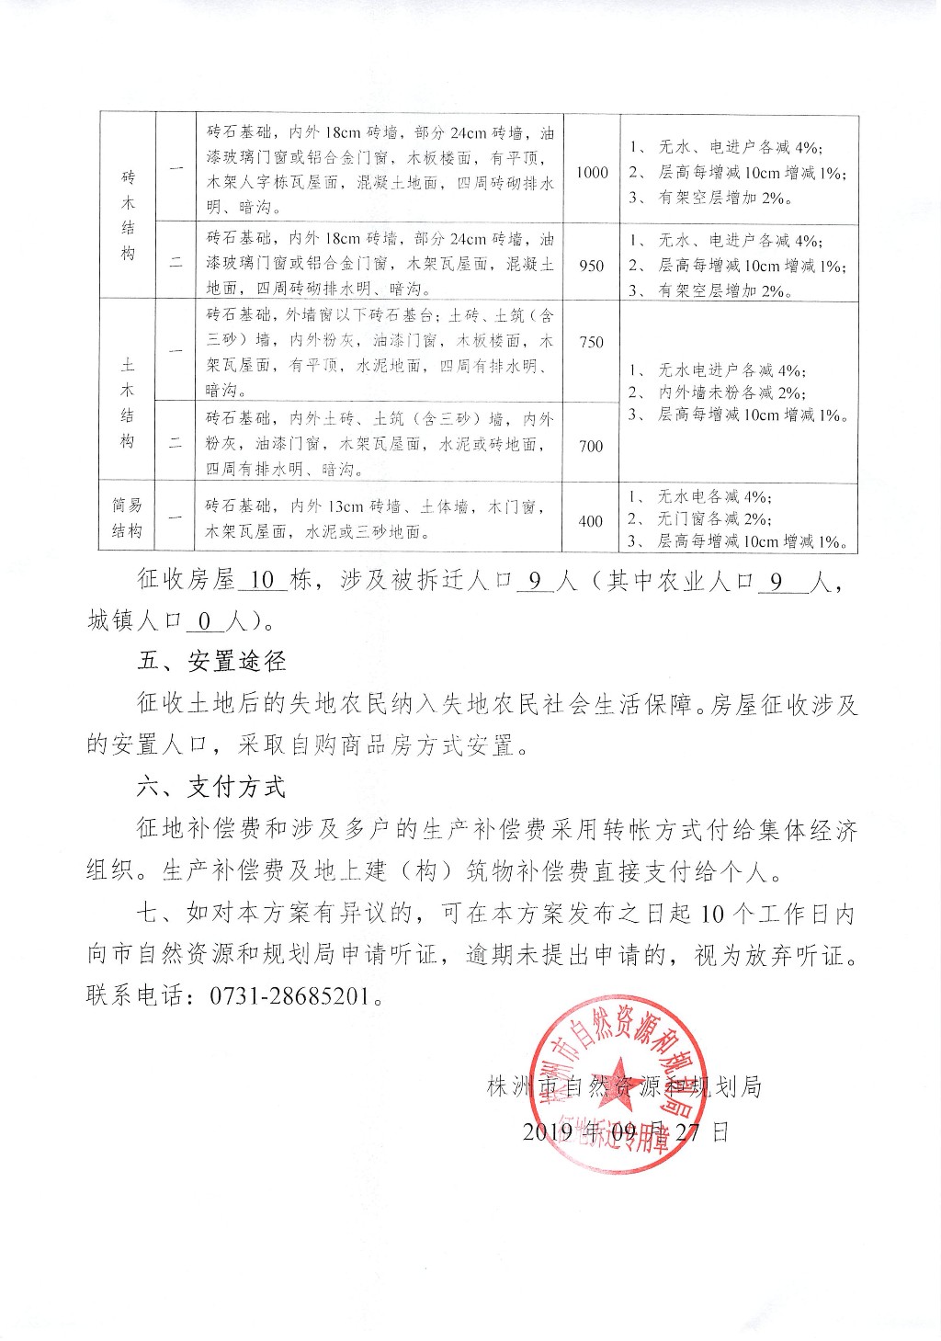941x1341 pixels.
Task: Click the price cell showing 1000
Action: coord(592,172)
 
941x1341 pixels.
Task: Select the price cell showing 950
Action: coord(592,266)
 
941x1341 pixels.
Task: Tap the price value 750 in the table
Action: coord(592,342)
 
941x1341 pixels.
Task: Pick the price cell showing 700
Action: coord(592,446)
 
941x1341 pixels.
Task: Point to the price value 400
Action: coord(591,521)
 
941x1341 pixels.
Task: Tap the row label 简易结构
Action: coord(127,517)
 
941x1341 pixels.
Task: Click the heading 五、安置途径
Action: coord(211,661)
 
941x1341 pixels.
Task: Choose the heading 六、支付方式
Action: coord(211,787)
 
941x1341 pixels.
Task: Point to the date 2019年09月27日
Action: coord(625,1131)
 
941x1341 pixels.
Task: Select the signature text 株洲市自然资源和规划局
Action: coord(625,1087)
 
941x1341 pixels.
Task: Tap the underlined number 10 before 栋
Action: coord(263,581)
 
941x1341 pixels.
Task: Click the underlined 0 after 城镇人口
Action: coord(205,622)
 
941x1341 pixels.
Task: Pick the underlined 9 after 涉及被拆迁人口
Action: coord(536,581)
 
